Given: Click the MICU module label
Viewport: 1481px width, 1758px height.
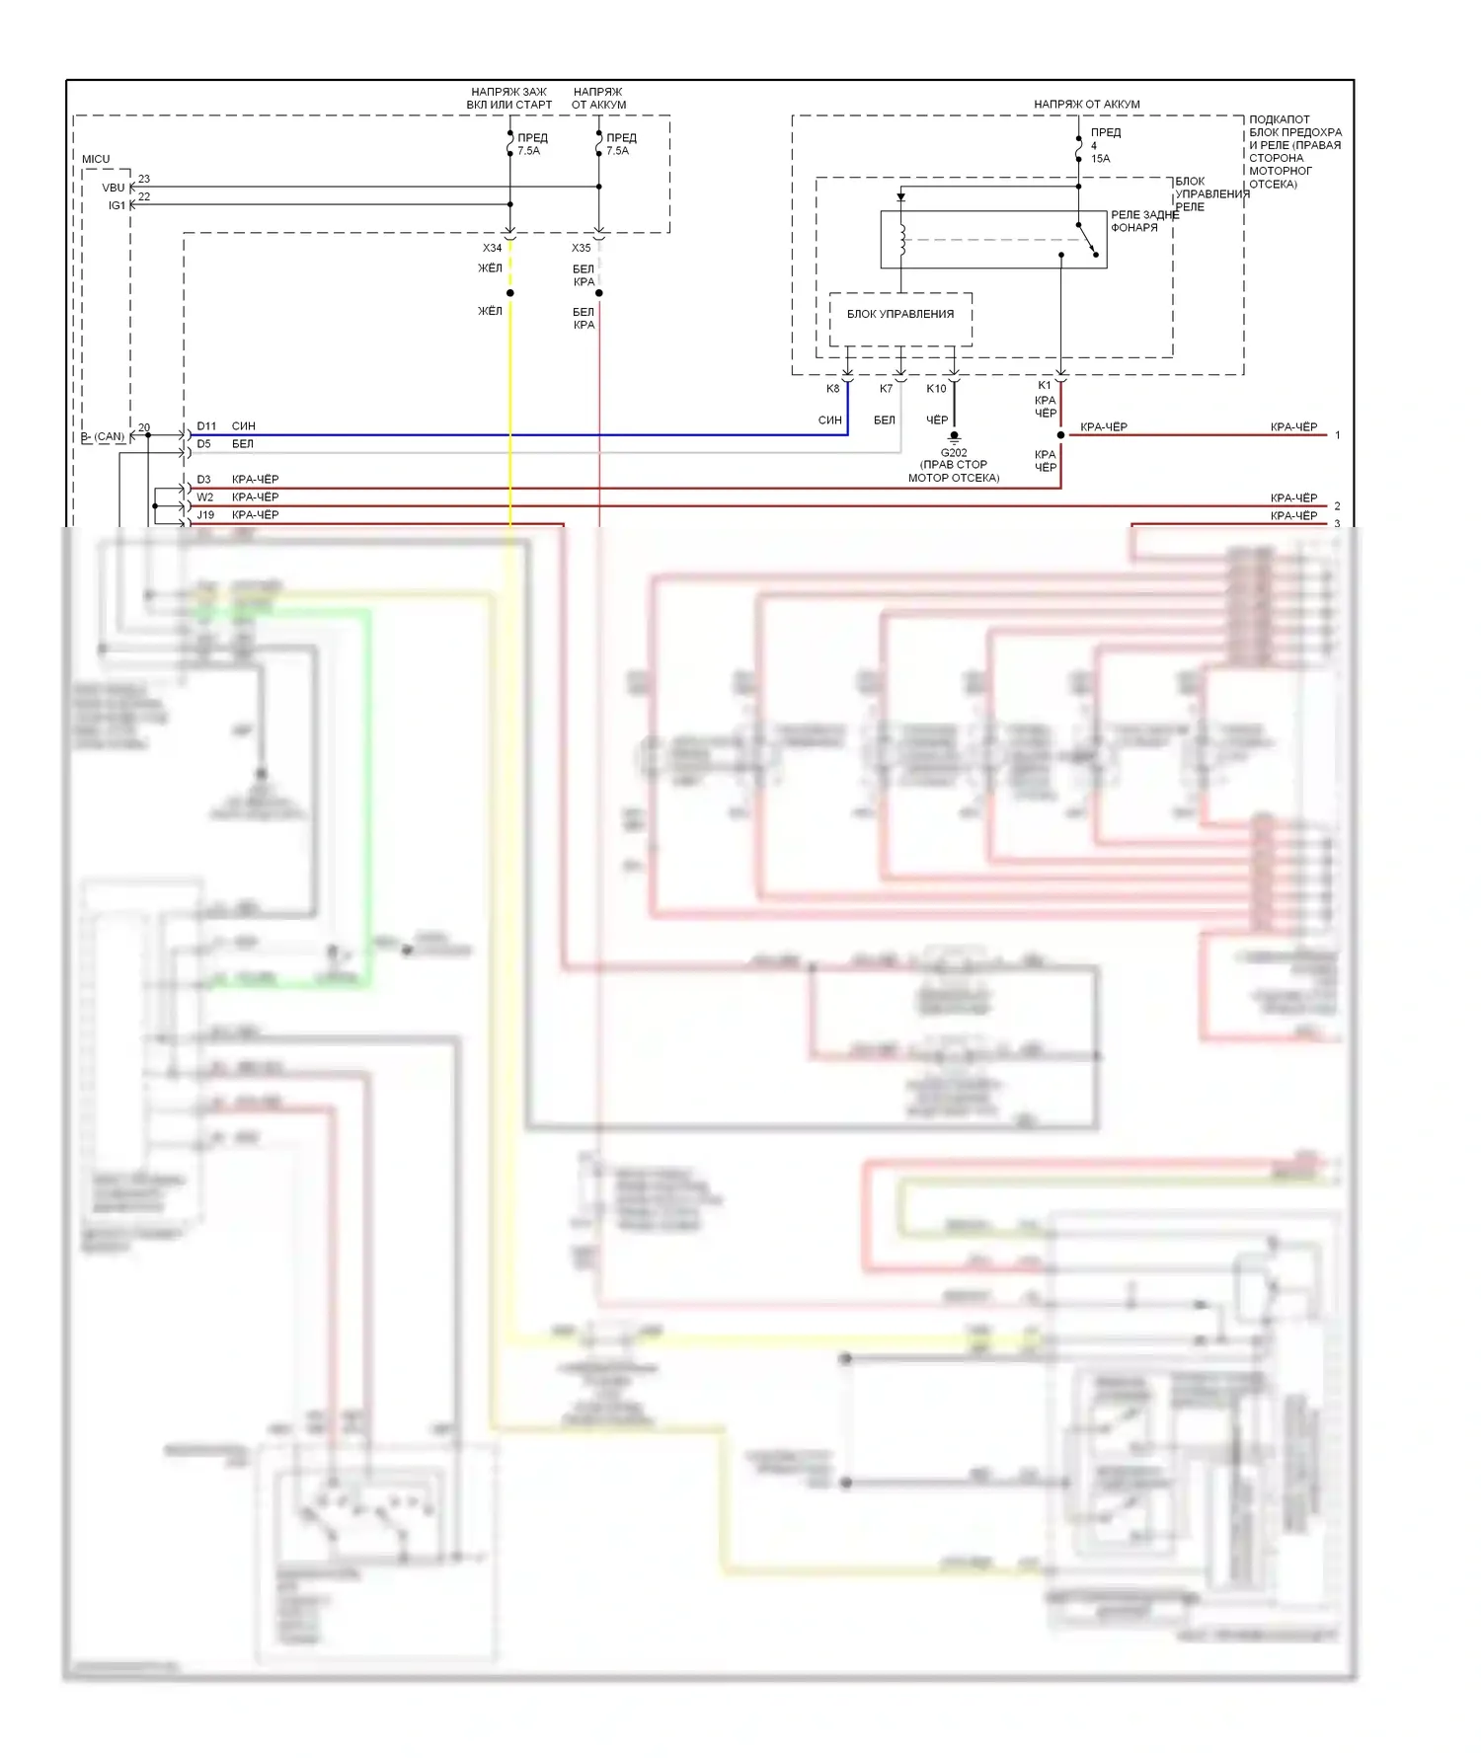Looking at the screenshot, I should click(96, 159).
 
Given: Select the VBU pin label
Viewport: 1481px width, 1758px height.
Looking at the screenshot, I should click(114, 188).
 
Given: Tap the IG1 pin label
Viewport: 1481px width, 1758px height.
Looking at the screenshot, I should click(117, 205).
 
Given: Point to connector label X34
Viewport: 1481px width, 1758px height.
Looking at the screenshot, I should click(492, 248).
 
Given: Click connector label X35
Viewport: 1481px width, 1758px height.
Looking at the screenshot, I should click(581, 248).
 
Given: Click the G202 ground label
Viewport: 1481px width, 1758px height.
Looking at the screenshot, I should click(954, 453).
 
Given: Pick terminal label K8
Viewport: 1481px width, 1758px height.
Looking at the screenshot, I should click(832, 389).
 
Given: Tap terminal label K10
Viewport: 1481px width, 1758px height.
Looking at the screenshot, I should click(936, 389).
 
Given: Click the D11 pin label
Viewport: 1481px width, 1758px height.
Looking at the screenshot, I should click(205, 426).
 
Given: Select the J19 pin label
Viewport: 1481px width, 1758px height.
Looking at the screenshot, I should click(205, 515).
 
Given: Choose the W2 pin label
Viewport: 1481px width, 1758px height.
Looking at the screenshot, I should click(204, 497).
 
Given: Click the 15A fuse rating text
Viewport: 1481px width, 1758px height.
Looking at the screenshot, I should click(1100, 159).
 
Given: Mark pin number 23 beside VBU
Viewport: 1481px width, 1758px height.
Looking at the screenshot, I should click(144, 179).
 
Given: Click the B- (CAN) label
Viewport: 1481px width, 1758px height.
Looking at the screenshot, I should click(104, 436).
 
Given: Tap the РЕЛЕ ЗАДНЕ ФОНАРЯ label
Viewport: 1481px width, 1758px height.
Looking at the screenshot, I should click(1144, 221).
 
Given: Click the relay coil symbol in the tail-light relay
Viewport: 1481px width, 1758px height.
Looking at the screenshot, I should click(901, 241).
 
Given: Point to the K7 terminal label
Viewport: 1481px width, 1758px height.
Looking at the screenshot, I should click(886, 389).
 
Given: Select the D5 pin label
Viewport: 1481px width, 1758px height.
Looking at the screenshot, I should click(203, 444).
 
